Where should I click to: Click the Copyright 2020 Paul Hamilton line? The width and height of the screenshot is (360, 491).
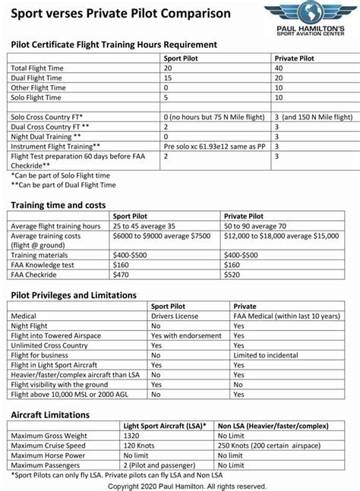pos(187,485)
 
